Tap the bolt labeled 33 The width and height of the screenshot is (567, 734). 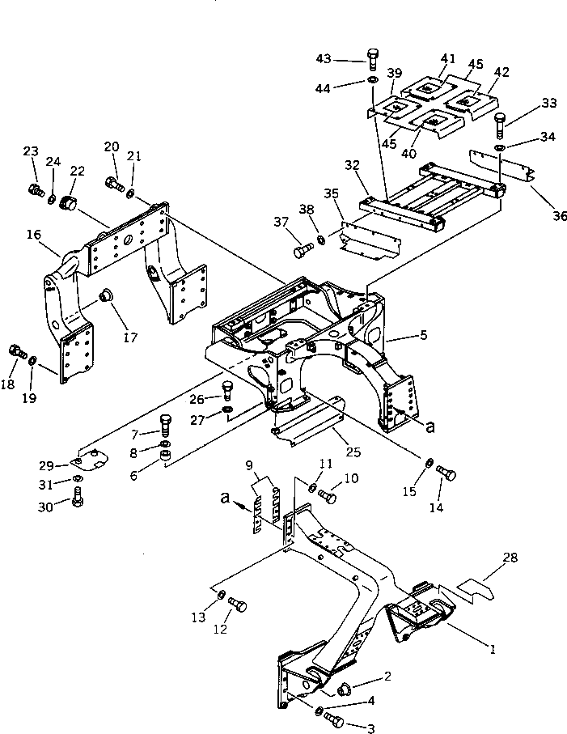pyautogui.click(x=499, y=125)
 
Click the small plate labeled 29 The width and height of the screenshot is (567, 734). pyautogui.click(x=85, y=461)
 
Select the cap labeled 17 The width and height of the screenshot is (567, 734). pyautogui.click(x=105, y=297)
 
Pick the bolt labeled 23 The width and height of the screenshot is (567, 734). pyautogui.click(x=35, y=192)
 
